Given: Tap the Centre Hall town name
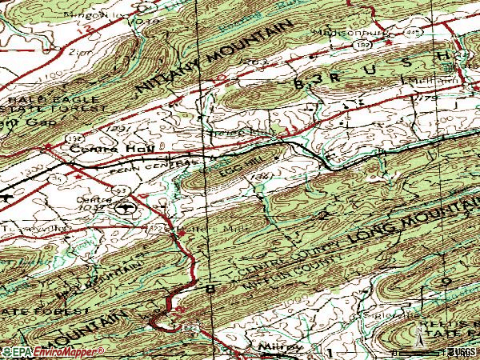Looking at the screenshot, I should tap(99, 148).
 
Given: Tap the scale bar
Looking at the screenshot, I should tap(436, 350).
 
